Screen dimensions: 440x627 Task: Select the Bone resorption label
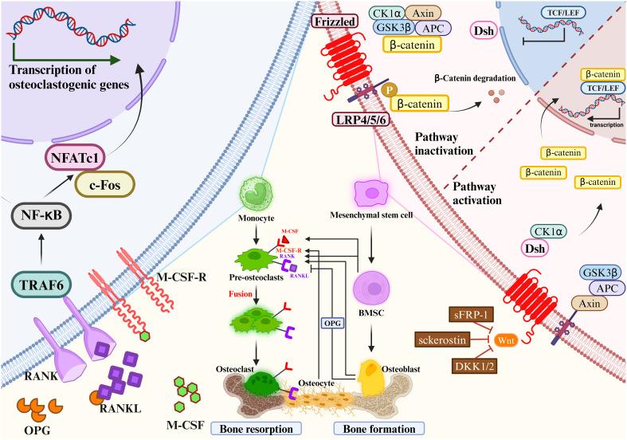(x=260, y=429)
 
